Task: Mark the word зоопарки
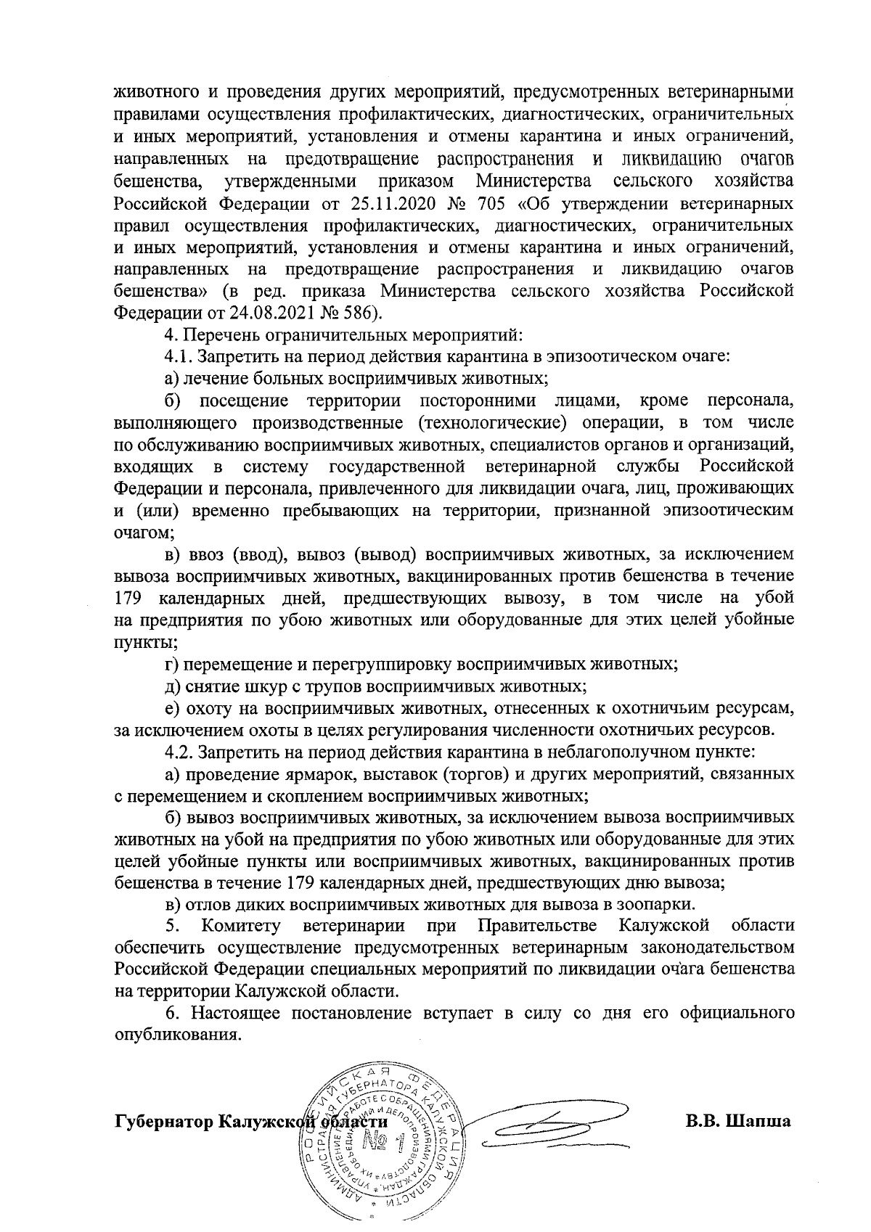coord(658,905)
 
